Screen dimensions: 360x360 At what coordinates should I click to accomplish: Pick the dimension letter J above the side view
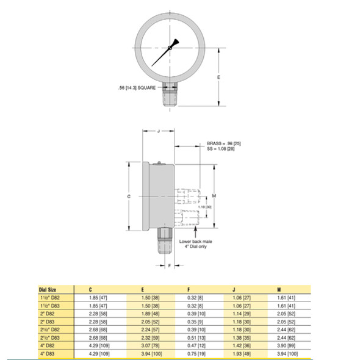[x=158, y=131]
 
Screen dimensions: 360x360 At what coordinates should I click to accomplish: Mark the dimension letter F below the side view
[x=170, y=267]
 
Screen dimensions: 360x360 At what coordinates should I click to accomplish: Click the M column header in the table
[x=278, y=289]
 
